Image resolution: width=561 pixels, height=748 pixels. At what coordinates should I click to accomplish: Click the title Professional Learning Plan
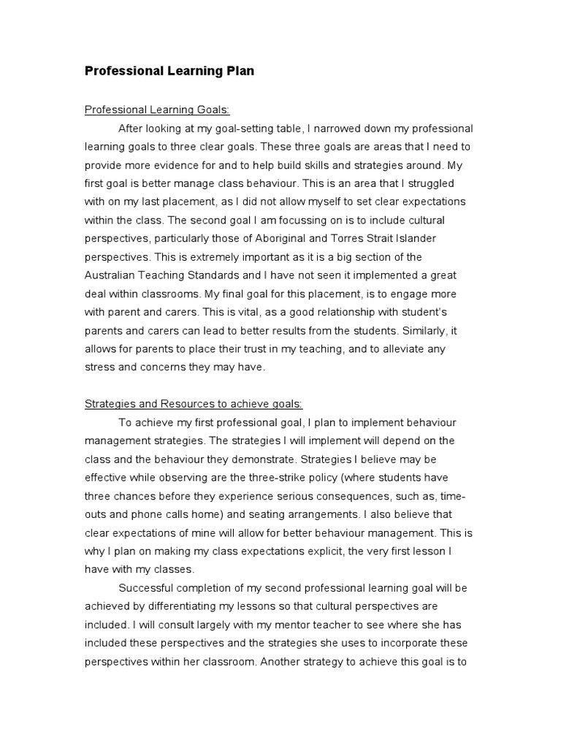[x=169, y=71]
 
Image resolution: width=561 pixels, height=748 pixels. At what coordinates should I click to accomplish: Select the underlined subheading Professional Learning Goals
[x=157, y=110]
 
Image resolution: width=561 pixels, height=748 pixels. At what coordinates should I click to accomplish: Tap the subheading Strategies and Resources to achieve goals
[x=194, y=404]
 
